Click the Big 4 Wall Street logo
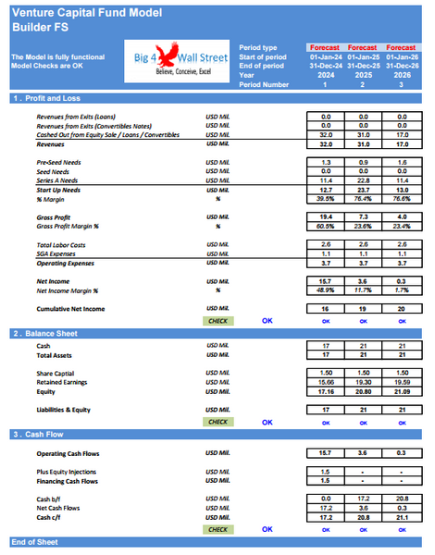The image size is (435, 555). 182,60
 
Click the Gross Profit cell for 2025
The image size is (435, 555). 363,216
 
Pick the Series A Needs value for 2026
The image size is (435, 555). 400,179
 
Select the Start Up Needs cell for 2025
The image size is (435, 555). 363,189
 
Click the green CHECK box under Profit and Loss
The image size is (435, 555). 217,320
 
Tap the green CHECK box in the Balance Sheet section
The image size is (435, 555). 217,422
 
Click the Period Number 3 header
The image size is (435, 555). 400,84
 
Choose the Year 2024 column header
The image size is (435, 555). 326,75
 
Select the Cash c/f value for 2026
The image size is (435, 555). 400,518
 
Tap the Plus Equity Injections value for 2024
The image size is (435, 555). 326,471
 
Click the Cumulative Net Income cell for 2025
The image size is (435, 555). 363,308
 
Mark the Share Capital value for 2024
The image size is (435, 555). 326,373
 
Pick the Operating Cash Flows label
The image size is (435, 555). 68,453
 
